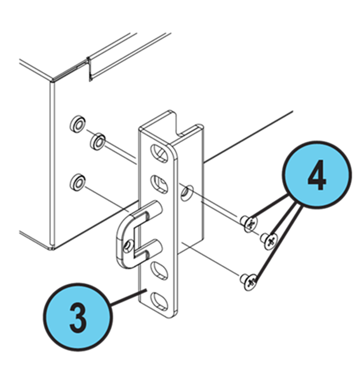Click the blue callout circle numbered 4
[316, 175]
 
